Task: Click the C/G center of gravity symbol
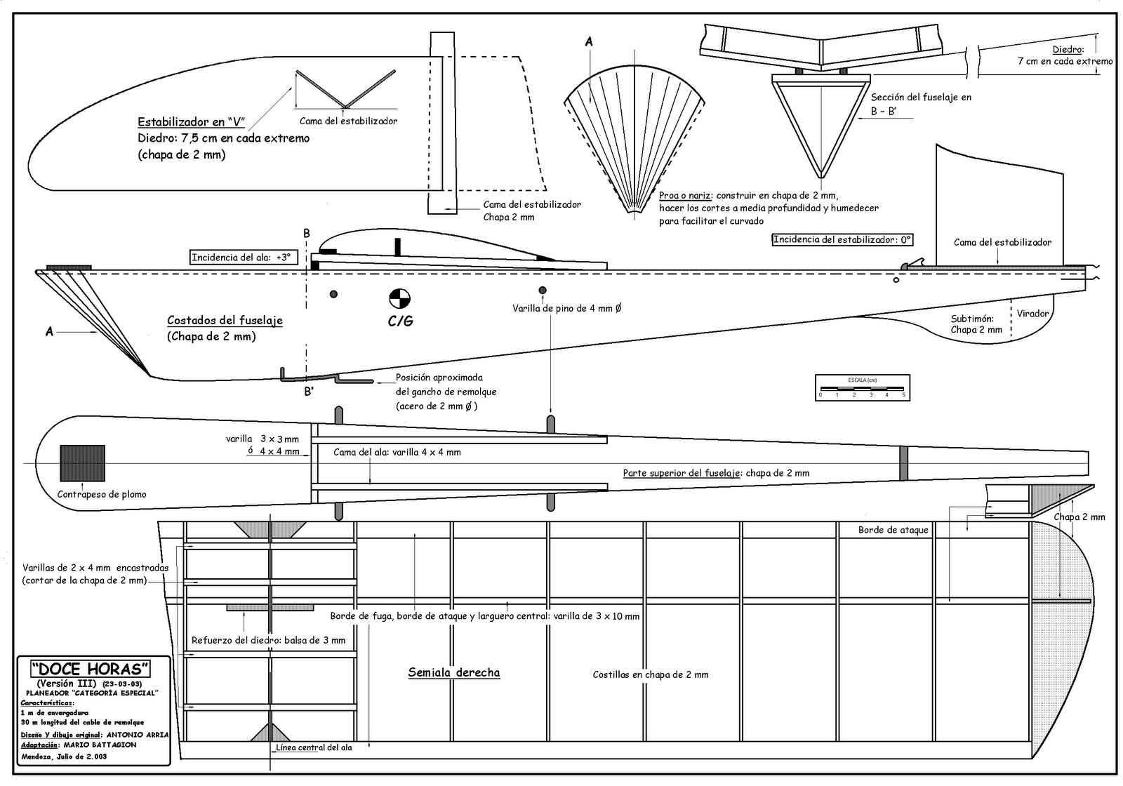[x=400, y=298]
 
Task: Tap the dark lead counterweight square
[x=82, y=463]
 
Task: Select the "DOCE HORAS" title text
[x=91, y=669]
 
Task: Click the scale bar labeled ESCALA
[x=862, y=387]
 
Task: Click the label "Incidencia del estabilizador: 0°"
[x=842, y=239]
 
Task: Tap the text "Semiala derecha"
[x=454, y=672]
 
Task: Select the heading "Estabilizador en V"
[x=191, y=121]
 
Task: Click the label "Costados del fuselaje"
[x=225, y=320]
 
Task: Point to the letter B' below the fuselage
[x=308, y=392]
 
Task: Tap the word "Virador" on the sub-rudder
[x=1032, y=314]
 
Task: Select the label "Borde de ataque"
[x=893, y=530]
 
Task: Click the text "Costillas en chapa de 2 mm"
[x=650, y=674]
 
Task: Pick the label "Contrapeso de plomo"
[x=102, y=494]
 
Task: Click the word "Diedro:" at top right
[x=1068, y=50]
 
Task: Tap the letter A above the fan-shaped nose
[x=589, y=42]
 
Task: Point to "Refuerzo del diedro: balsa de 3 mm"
[x=268, y=640]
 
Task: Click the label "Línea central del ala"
[x=314, y=747]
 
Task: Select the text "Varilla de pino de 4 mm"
[x=566, y=308]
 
